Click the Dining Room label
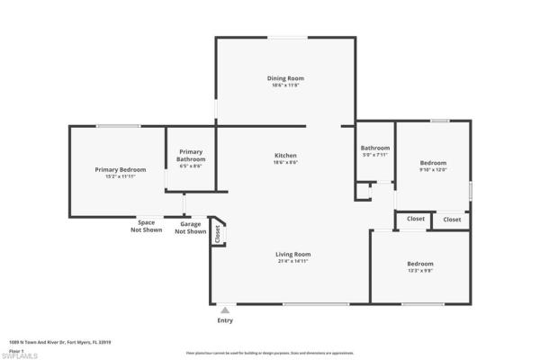click(x=284, y=78)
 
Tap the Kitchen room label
click(x=284, y=156)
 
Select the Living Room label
click(x=292, y=254)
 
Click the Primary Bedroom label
click(x=121, y=169)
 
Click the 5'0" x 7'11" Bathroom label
click(x=375, y=148)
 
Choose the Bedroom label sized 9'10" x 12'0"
click(x=433, y=162)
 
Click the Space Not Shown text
click(x=146, y=226)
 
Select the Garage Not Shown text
click(x=190, y=228)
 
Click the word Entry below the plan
click(x=225, y=320)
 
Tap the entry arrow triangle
click(x=225, y=310)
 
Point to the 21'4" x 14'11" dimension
click(x=292, y=261)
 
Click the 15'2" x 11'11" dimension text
click(x=121, y=176)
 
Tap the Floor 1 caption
click(x=15, y=349)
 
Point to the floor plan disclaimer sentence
click(x=270, y=353)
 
